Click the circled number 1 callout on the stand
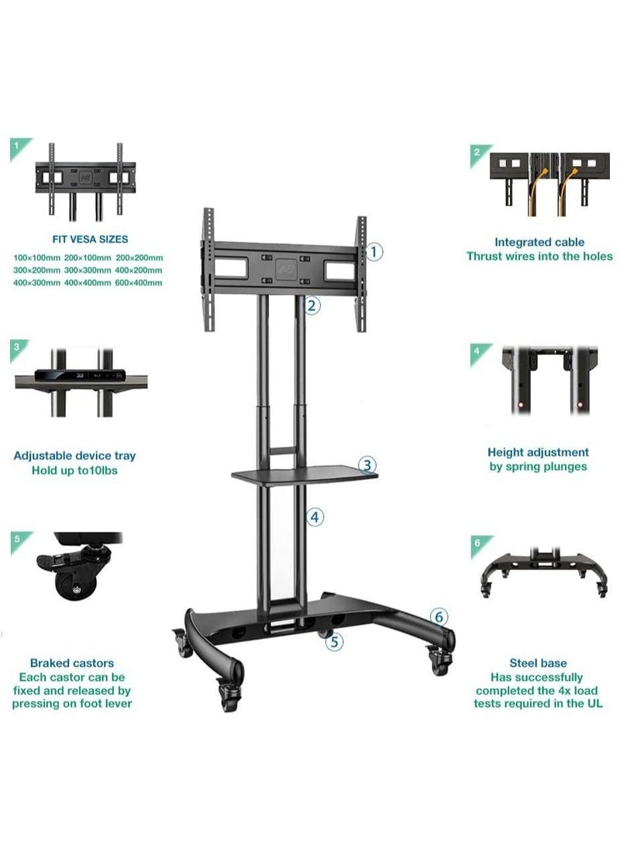click(x=374, y=251)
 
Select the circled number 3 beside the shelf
click(x=369, y=465)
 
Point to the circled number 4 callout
click(x=313, y=516)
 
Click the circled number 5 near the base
click(x=334, y=641)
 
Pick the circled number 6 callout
click(x=439, y=617)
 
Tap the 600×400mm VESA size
click(x=139, y=283)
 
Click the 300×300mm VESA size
click(x=88, y=270)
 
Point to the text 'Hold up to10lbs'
click(x=74, y=471)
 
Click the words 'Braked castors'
click(x=71, y=663)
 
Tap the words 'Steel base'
click(x=538, y=663)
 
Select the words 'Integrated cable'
click(x=539, y=243)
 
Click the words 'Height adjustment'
click(x=538, y=452)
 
